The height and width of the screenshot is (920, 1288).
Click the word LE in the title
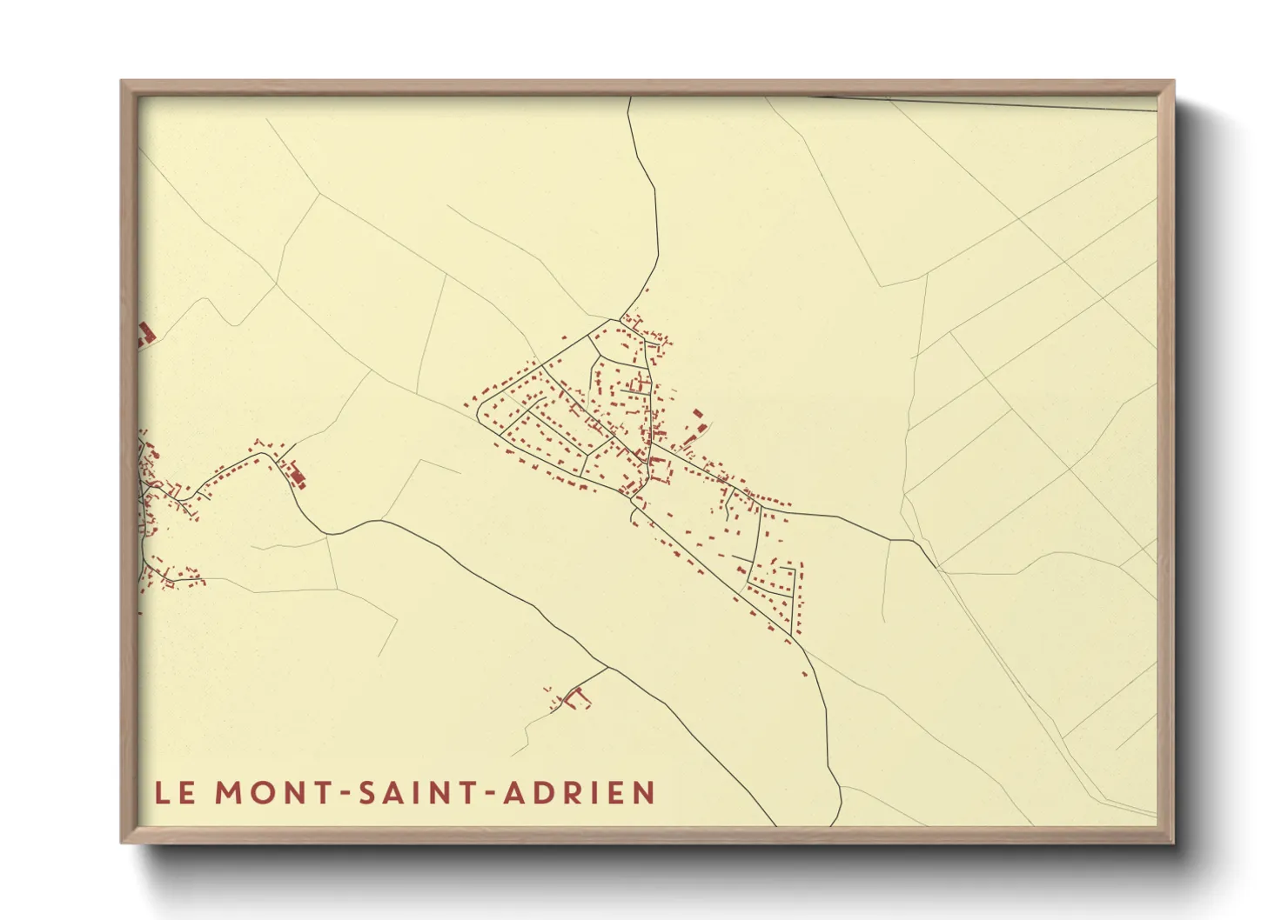(175, 793)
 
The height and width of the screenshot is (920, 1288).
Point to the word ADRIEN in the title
(580, 793)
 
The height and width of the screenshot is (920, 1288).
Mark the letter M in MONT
(230, 793)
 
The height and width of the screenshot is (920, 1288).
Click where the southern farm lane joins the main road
(607, 667)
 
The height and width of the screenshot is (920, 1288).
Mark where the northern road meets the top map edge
(628, 98)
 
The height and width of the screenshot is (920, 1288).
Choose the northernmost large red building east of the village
(697, 413)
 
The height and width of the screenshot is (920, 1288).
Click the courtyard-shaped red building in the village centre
(660, 470)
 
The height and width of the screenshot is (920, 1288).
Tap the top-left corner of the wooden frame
(122, 82)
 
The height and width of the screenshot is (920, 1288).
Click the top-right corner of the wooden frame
(1173, 82)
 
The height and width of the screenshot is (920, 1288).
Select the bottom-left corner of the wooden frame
(122, 842)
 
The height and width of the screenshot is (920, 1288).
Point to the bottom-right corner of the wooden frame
(1173, 842)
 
